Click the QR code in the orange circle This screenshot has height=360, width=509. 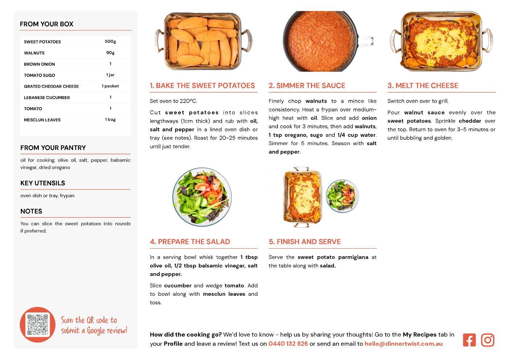[38, 325]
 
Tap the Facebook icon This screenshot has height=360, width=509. [469, 340]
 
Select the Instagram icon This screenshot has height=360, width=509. [488, 340]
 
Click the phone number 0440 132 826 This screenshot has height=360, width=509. [288, 344]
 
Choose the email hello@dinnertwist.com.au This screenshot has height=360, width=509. [403, 344]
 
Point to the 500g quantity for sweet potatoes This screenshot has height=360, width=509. [110, 41]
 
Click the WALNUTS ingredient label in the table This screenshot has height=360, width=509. [34, 53]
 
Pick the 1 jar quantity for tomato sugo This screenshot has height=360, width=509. [110, 75]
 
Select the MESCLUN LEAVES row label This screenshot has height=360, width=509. [42, 120]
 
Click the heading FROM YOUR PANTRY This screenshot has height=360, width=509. [53, 148]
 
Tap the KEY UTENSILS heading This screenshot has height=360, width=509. [43, 183]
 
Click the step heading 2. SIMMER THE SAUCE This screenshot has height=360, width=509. [307, 86]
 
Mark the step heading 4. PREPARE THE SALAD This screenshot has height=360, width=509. [190, 242]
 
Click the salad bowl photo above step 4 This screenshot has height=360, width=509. [202, 197]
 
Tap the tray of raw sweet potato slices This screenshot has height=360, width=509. [203, 41]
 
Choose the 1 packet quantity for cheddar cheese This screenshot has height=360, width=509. [110, 86]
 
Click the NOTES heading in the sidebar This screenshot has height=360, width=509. [31, 211]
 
